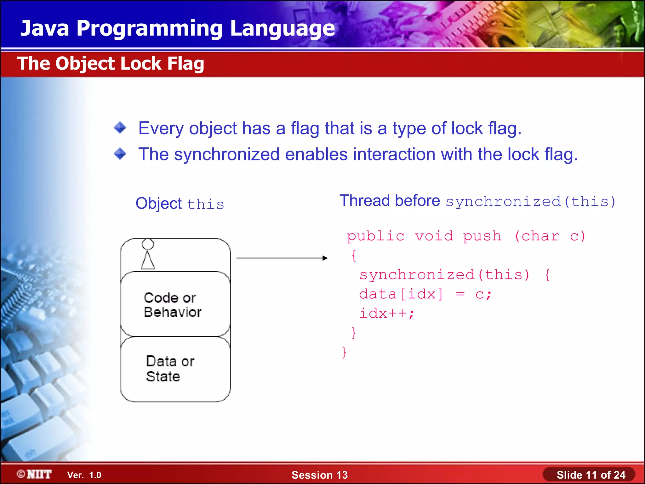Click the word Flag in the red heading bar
coord(186,64)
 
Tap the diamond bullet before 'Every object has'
coord(120,128)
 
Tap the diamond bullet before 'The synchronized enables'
coord(120,154)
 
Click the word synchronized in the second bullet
coord(227,154)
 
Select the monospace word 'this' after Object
coord(206,204)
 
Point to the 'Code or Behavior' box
coord(175,304)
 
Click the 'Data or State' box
coord(175,369)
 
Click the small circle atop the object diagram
coord(148,244)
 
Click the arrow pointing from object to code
coord(282,258)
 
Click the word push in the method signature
coord(482,236)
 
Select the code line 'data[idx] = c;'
coord(425,294)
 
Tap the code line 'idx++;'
coord(387,314)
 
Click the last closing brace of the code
coord(344,352)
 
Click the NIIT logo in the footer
coord(35,474)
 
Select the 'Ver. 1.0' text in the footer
coord(84,475)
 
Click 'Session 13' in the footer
coord(319,475)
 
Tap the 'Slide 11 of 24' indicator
coord(591,475)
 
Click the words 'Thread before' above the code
coord(390,201)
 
